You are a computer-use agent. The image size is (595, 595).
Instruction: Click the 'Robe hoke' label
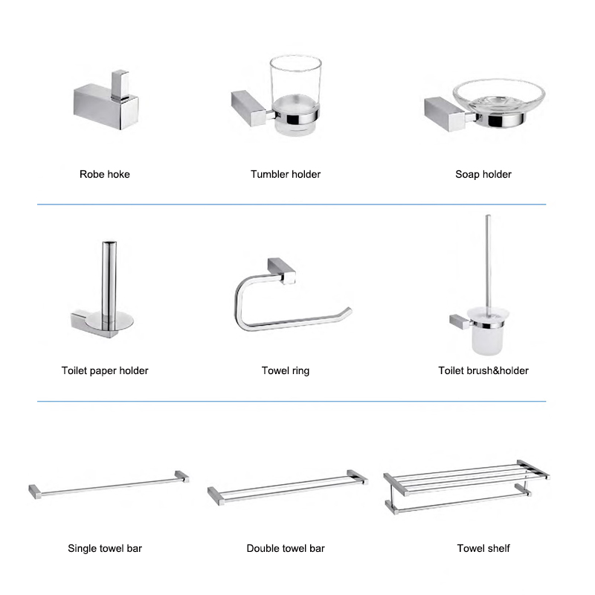click(105, 174)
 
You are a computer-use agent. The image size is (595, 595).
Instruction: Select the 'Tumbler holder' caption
click(286, 174)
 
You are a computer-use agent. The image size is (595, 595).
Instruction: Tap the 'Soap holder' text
click(483, 175)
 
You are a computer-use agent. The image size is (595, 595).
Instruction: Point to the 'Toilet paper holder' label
click(105, 370)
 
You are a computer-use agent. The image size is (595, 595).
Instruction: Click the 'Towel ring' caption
click(286, 370)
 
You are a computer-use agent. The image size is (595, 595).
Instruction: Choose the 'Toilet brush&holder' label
click(483, 370)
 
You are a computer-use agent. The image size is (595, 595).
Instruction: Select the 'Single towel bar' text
click(105, 548)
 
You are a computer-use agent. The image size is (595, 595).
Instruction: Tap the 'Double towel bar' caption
click(286, 548)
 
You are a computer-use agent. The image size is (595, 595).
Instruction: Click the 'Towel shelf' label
click(483, 548)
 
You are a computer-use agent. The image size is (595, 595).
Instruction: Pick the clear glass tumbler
click(295, 95)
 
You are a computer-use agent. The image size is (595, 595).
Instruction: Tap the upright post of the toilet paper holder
click(109, 285)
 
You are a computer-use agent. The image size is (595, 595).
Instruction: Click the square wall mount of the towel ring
click(282, 270)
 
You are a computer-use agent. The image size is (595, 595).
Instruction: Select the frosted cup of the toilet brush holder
click(488, 331)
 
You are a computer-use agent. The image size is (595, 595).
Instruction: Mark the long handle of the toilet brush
click(489, 262)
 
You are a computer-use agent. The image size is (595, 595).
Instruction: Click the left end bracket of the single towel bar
click(35, 492)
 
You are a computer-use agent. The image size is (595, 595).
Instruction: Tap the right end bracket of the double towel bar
click(358, 477)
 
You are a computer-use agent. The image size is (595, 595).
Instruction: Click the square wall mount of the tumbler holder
click(248, 108)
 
